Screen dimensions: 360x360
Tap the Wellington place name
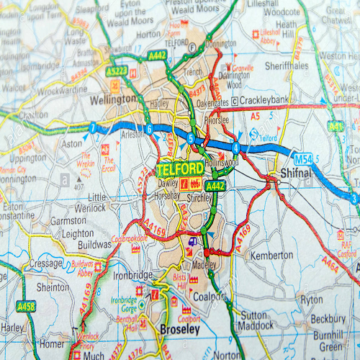tap(114, 98)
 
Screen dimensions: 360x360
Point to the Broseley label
tap(179, 328)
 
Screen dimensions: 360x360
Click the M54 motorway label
tap(303, 158)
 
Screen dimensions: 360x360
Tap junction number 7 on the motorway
tap(92, 129)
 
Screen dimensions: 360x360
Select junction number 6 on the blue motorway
tap(148, 130)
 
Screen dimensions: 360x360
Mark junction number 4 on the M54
tap(235, 148)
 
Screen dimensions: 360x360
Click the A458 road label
tap(27, 306)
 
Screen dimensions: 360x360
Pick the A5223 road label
tap(117, 70)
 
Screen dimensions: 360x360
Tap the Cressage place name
tap(48, 264)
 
